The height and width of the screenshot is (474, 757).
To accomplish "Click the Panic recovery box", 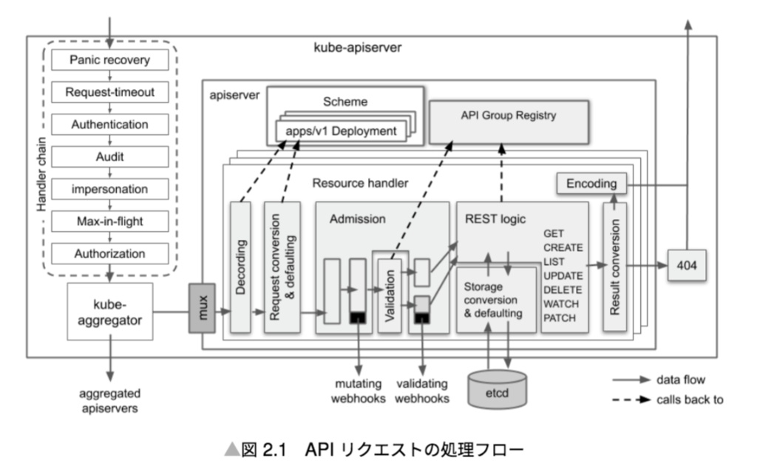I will pyautogui.click(x=109, y=60).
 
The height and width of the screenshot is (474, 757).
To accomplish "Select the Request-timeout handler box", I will pyautogui.click(x=109, y=92).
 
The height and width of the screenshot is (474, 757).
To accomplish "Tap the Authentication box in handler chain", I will pyautogui.click(x=109, y=125).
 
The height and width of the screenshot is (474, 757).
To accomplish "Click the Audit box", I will pyautogui.click(x=109, y=157).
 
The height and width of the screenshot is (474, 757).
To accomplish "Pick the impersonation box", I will pyautogui.click(x=109, y=189).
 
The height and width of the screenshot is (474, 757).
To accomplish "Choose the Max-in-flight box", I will pyautogui.click(x=109, y=221).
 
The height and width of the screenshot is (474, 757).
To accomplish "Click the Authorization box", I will pyautogui.click(x=109, y=253).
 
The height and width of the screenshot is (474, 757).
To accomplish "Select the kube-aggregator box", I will pyautogui.click(x=109, y=311).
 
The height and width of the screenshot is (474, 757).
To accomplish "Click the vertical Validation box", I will pyautogui.click(x=390, y=295).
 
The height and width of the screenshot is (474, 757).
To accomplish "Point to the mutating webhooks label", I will pyautogui.click(x=359, y=391).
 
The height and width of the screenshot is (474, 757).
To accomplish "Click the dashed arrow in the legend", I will pyautogui.click(x=630, y=400).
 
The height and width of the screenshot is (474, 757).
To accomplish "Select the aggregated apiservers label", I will pyautogui.click(x=109, y=399).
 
